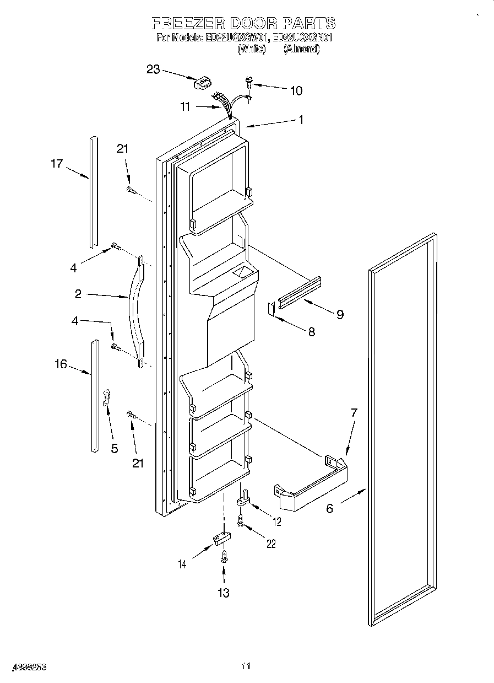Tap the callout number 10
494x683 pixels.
pyautogui.click(x=296, y=91)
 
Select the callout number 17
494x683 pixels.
pyautogui.click(x=57, y=164)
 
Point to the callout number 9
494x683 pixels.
pyautogui.click(x=340, y=314)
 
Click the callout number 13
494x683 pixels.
pyautogui.click(x=223, y=593)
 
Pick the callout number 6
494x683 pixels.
pyautogui.click(x=329, y=508)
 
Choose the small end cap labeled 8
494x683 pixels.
pyautogui.click(x=271, y=309)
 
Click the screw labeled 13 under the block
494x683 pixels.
pyautogui.click(x=224, y=557)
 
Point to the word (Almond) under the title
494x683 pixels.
pyautogui.click(x=301, y=49)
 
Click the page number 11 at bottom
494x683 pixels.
pyautogui.click(x=246, y=666)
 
